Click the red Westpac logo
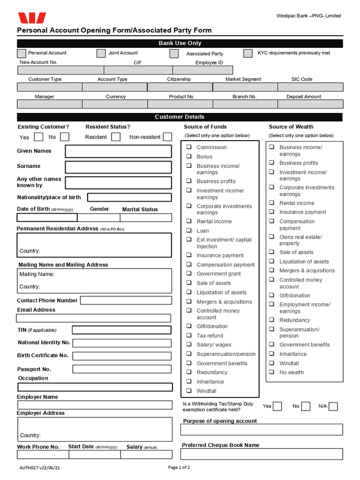coord(32,18)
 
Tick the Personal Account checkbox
coord(22,53)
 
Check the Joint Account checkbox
coord(101,53)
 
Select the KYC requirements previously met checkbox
coord(248,53)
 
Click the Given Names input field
coord(118,151)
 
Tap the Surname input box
coord(118,167)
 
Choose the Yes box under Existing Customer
coord(39,137)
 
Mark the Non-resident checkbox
coord(168,137)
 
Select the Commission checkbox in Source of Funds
coord(189,147)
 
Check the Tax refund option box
coord(189,336)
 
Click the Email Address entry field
coord(94,318)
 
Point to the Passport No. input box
coord(122,369)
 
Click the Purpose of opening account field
coord(262,429)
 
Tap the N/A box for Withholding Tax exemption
coord(333,406)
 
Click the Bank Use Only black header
coord(180,43)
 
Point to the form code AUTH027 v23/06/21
coord(40,468)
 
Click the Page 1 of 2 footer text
coord(179,467)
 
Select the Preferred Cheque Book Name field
coord(262,454)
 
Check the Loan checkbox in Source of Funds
coord(189,231)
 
